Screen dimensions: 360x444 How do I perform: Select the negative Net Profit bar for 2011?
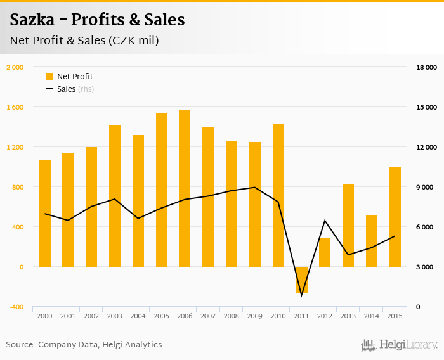pyautogui.click(x=301, y=280)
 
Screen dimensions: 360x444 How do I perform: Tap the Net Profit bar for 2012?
pyautogui.click(x=325, y=252)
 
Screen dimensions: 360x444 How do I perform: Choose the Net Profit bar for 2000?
pyautogui.click(x=45, y=213)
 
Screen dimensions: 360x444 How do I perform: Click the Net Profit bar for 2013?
pyautogui.click(x=348, y=225)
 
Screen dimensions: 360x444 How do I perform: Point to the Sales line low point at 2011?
pyautogui.click(x=301, y=295)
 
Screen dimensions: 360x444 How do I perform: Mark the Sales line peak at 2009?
pyautogui.click(x=255, y=188)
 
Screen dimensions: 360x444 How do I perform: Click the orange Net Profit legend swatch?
pyautogui.click(x=49, y=77)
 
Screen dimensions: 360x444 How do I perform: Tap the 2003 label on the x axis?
pyautogui.click(x=115, y=316)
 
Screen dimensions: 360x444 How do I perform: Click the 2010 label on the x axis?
pyautogui.click(x=278, y=316)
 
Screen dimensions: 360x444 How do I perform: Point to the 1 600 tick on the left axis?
pyautogui.click(x=15, y=107)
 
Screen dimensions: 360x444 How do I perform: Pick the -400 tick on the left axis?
pyautogui.click(x=16, y=307)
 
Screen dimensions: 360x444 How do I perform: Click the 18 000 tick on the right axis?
pyautogui.click(x=426, y=67)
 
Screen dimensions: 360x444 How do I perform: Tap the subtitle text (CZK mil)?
pyautogui.click(x=133, y=41)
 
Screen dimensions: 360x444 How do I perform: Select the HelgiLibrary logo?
pyautogui.click(x=399, y=345)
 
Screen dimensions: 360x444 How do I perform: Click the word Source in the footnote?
pyautogui.click(x=20, y=345)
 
